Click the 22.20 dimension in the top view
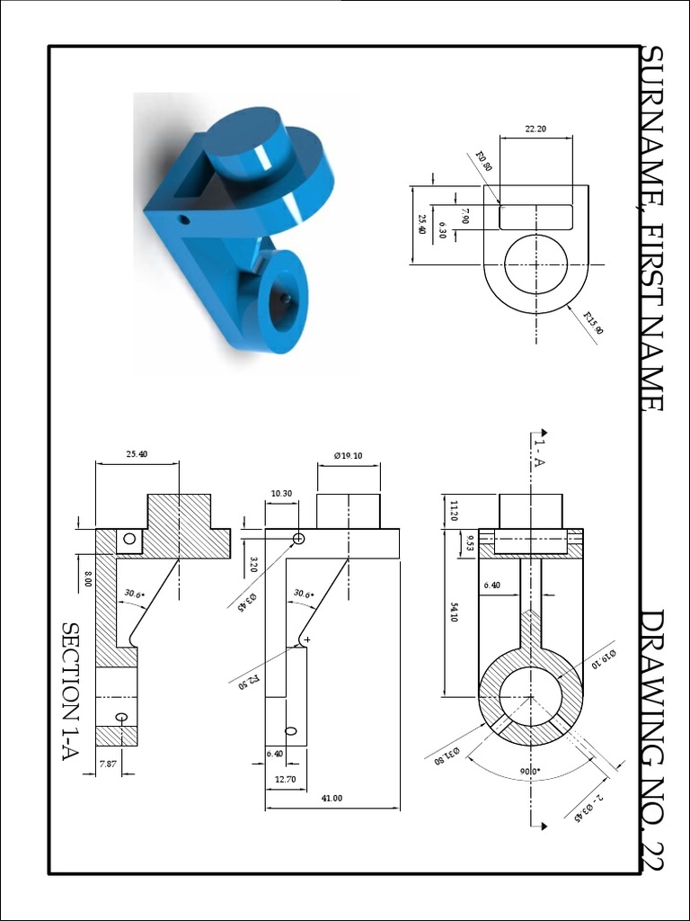click(x=535, y=130)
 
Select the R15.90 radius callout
click(x=593, y=323)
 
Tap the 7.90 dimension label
click(x=464, y=216)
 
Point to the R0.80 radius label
click(x=483, y=161)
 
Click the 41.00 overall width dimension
click(x=332, y=798)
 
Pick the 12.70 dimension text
click(x=285, y=779)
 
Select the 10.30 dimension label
click(x=281, y=493)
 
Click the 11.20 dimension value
click(x=454, y=511)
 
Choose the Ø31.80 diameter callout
click(x=447, y=755)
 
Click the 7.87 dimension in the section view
click(x=108, y=764)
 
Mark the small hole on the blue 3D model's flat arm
click(x=184, y=219)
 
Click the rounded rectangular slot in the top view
click(x=535, y=217)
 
